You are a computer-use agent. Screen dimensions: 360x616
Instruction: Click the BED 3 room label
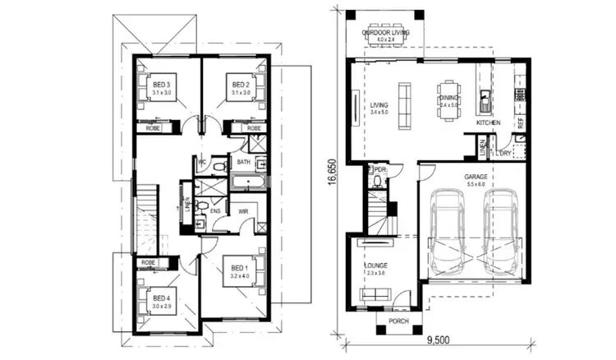click(161, 85)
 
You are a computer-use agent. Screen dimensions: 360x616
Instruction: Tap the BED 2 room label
click(240, 85)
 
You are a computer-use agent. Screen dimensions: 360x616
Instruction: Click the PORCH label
click(388, 320)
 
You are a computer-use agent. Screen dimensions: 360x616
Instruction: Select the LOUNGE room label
click(375, 265)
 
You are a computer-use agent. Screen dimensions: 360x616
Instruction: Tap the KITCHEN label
click(488, 122)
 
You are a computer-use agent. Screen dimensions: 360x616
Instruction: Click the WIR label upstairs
click(243, 211)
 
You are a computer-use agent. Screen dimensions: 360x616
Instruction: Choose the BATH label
click(244, 162)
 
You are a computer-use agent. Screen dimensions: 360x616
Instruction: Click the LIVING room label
click(379, 105)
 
